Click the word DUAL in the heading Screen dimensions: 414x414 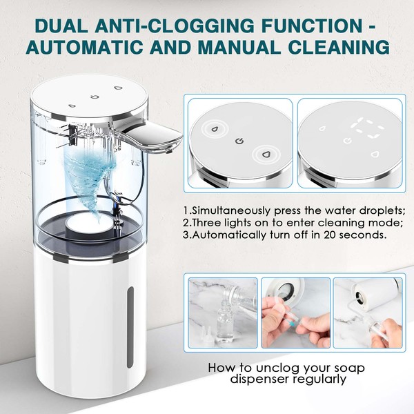click(x=61, y=26)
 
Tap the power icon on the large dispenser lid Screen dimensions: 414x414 click(x=95, y=97)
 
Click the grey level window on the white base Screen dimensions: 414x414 click(x=130, y=327)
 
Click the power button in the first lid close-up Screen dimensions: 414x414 click(x=239, y=141)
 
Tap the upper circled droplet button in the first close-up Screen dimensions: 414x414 click(x=215, y=130)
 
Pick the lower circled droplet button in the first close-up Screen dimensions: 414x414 click(x=266, y=154)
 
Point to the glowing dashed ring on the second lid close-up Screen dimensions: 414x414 click(x=366, y=128)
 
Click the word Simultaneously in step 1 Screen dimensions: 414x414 click(x=232, y=211)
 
